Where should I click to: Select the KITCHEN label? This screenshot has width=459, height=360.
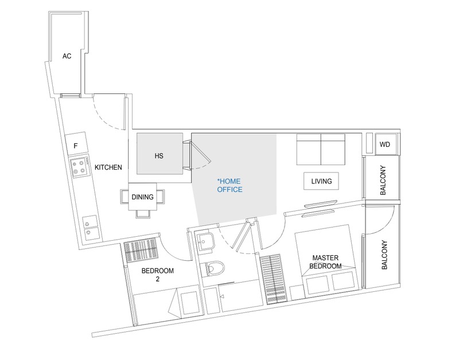coord(108,167)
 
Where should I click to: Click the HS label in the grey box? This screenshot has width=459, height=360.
coord(160,155)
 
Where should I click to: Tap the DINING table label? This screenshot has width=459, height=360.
coord(142,197)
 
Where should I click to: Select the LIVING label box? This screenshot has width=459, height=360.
coord(322,181)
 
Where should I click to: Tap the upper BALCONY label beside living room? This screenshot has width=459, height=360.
coord(383,178)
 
